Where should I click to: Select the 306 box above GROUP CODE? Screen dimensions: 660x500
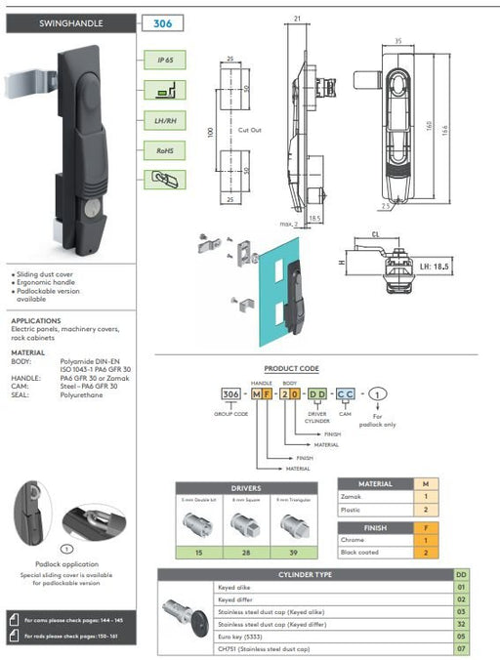point(230,393)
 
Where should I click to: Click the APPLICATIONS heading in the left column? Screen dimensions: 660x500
point(35,320)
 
